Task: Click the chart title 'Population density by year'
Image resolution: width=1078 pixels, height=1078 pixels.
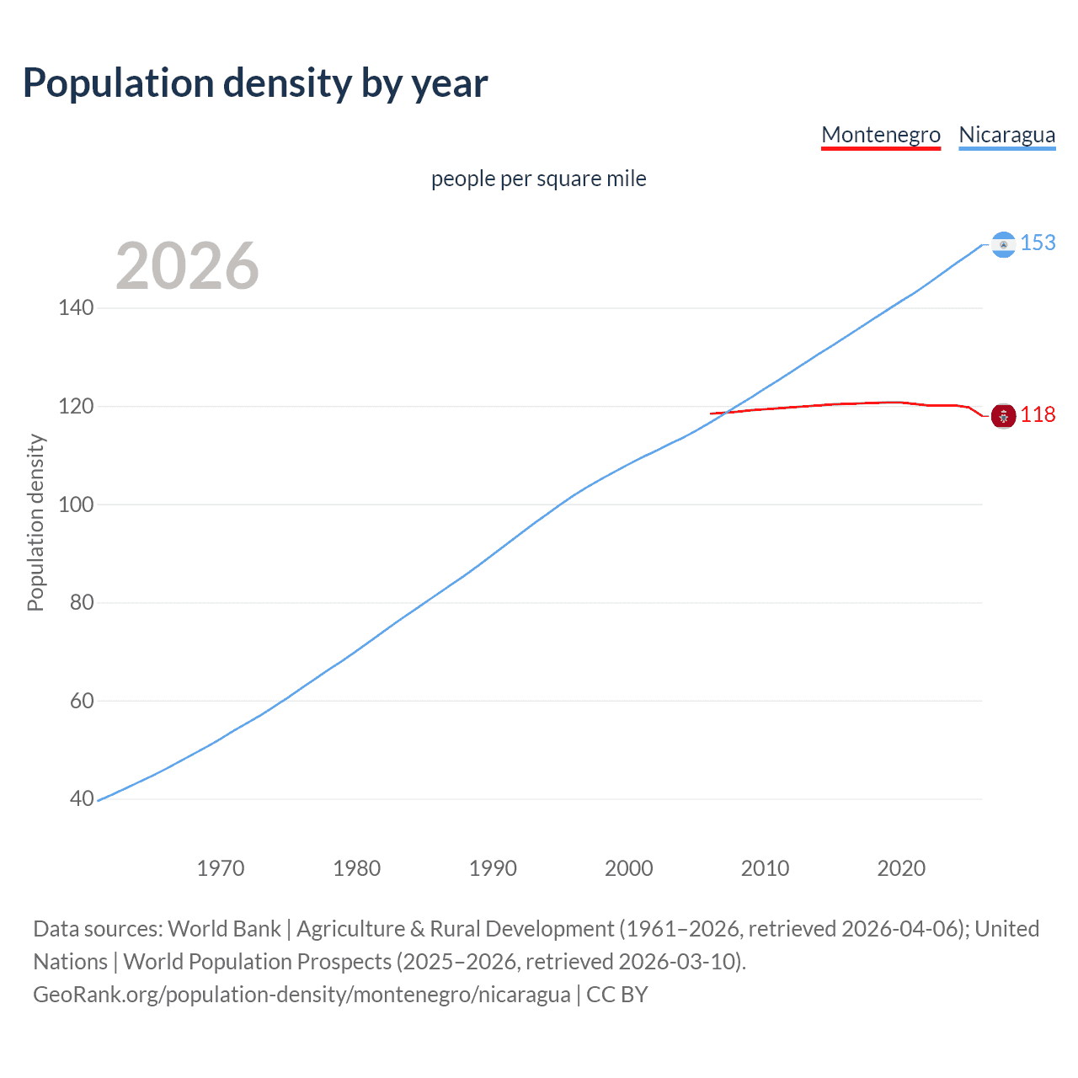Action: (x=255, y=83)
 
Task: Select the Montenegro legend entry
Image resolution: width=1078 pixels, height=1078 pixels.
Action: (x=880, y=135)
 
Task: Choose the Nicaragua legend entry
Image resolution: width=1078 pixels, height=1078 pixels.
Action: (x=1006, y=135)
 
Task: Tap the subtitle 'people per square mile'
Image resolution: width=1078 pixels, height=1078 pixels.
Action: (x=538, y=179)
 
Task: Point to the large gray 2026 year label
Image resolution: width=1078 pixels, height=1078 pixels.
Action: (x=187, y=266)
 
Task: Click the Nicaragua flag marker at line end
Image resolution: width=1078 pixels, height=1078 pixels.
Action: (x=1003, y=244)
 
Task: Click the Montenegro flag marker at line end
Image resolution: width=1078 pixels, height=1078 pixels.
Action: (x=1003, y=415)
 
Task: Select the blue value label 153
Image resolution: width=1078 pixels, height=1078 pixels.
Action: (x=1038, y=243)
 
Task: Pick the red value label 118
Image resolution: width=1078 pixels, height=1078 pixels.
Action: (x=1038, y=415)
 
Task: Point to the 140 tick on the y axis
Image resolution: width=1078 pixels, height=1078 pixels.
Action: (x=76, y=308)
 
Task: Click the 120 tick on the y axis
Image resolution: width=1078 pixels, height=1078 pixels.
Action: (x=76, y=407)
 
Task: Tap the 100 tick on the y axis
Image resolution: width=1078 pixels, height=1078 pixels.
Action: (x=76, y=505)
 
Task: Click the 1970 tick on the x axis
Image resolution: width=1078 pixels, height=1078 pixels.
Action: (x=221, y=868)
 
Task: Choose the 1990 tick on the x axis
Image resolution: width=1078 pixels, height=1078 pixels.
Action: (x=493, y=868)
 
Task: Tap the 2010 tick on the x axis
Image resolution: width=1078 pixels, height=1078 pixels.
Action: (x=765, y=868)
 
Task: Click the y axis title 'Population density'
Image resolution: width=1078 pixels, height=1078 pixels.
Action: (x=35, y=522)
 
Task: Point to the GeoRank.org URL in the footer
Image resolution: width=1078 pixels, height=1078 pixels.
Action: (x=302, y=995)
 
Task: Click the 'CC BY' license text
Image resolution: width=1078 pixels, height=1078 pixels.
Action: (x=617, y=995)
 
